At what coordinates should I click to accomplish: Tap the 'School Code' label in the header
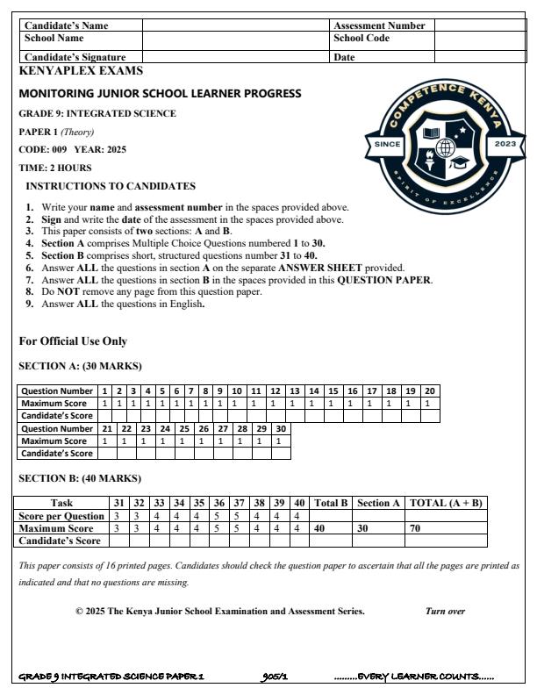point(361,39)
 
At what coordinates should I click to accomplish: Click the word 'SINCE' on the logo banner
point(387,144)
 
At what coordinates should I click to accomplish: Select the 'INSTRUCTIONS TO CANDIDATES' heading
point(111,187)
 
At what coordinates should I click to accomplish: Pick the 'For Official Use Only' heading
point(73,340)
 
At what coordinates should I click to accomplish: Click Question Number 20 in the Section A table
point(430,390)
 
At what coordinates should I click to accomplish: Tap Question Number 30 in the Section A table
point(280,428)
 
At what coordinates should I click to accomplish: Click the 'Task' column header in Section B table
point(62,503)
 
